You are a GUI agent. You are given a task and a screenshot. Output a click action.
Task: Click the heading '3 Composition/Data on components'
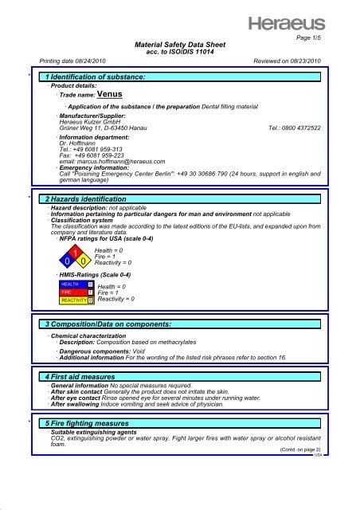coord(118,325)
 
